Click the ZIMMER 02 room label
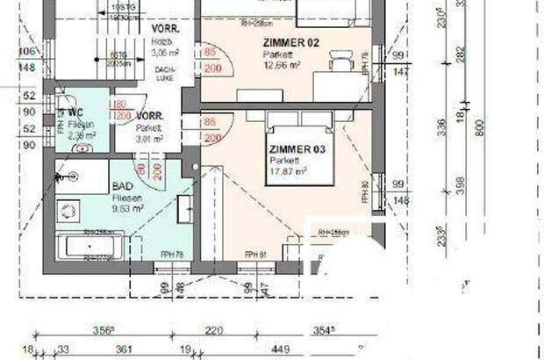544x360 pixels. point(288,42)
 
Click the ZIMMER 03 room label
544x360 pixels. point(297,150)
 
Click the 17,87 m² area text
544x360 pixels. point(290,171)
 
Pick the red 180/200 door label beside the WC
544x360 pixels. point(121,110)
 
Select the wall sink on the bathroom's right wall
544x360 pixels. point(188,211)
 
